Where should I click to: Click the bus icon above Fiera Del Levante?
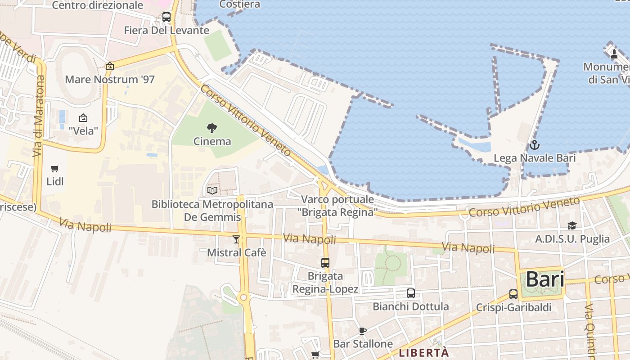[166, 18]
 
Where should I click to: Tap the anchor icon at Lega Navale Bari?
[534, 145]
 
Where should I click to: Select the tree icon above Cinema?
[212, 128]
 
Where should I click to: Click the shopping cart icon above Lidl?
[55, 169]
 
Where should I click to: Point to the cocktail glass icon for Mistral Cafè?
[236, 239]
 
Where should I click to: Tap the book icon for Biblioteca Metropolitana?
[212, 191]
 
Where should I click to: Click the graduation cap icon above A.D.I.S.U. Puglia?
[572, 225]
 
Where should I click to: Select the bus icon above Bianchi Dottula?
[411, 293]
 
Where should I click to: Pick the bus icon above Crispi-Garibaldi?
[513, 294]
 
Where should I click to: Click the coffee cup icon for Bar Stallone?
[363, 331]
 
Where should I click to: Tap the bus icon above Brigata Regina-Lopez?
[325, 263]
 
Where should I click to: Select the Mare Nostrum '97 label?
[110, 80]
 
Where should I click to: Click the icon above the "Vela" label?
[83, 118]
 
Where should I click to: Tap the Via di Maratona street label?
[40, 116]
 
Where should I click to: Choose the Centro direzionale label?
[98, 5]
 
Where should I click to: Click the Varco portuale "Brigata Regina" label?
[337, 206]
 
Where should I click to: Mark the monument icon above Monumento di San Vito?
[614, 54]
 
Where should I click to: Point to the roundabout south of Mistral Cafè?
[243, 297]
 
